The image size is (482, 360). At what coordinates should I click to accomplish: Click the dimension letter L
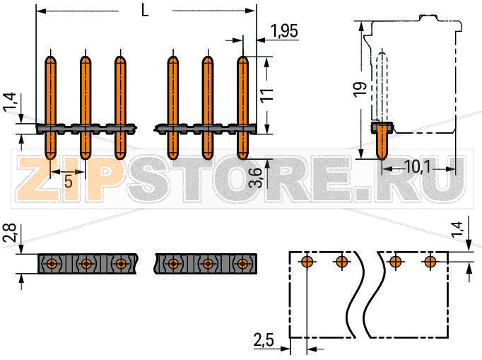(145, 11)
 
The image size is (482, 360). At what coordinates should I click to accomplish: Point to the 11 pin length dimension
(266, 95)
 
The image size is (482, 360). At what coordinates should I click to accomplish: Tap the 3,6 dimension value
(259, 175)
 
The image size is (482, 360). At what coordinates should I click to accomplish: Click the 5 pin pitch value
(68, 181)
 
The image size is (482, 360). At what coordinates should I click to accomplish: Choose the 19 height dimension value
(360, 90)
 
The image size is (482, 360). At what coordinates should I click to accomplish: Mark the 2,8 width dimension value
(8, 233)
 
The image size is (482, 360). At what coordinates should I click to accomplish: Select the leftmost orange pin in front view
(51, 106)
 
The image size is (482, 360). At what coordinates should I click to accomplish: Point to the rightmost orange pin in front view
(242, 106)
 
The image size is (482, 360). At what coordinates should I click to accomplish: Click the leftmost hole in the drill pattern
(306, 262)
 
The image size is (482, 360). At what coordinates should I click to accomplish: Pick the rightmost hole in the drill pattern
(430, 262)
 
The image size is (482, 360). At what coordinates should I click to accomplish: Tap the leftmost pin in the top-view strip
(52, 264)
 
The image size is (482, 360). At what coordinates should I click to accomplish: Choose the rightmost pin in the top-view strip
(242, 264)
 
